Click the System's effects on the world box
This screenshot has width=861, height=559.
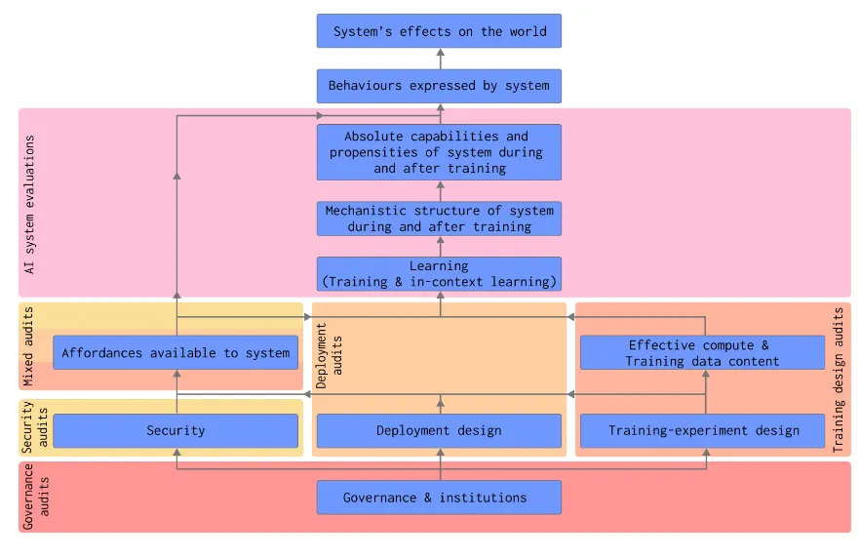point(439,31)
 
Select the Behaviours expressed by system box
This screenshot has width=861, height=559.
point(439,86)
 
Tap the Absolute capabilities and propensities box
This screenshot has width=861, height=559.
point(439,152)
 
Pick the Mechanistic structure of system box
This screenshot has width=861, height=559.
point(439,219)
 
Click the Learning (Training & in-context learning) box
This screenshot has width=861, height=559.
point(439,274)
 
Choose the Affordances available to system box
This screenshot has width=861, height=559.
point(176,353)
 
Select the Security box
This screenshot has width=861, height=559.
point(176,430)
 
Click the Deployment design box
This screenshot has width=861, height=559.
point(439,430)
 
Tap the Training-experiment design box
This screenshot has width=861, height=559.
point(703,430)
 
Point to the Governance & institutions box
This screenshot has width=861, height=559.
point(439,498)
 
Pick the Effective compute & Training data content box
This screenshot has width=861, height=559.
point(703,353)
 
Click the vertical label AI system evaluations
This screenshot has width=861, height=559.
point(30,203)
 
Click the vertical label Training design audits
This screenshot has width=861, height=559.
point(839,380)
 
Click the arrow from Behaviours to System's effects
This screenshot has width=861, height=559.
point(439,59)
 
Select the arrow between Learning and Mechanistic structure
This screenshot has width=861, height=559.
point(439,246)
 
